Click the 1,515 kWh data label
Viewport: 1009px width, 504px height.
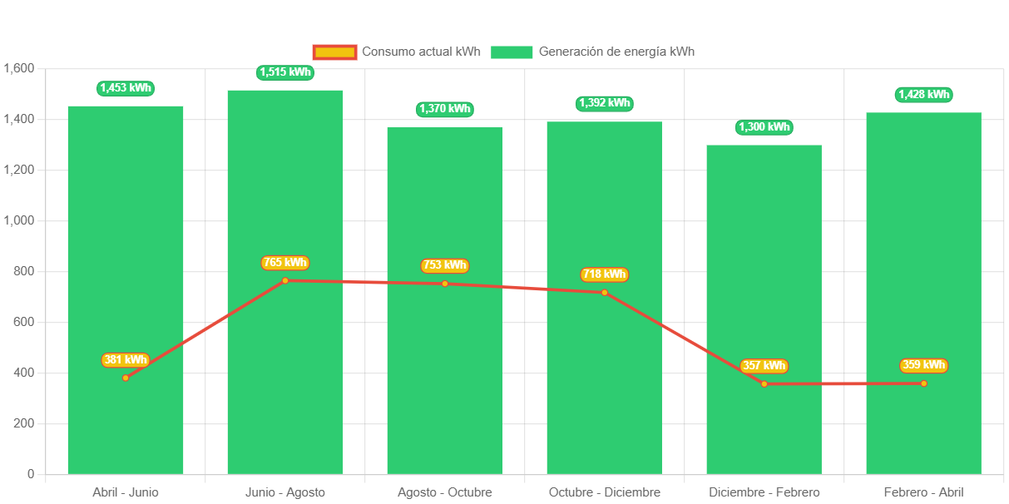click(284, 72)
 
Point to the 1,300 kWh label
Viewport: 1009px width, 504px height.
click(764, 127)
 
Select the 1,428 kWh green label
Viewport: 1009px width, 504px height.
click(923, 95)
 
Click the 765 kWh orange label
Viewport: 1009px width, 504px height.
click(284, 263)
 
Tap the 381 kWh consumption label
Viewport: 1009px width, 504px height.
click(125, 360)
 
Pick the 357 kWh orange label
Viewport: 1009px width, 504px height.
click(764, 366)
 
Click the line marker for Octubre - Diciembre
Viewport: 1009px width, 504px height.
click(605, 292)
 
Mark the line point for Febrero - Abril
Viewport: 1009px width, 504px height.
click(923, 383)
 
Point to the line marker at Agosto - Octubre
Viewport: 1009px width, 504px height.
click(444, 284)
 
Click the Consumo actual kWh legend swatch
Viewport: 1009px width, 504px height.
click(334, 52)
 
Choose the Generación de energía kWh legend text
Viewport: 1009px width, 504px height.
click(616, 52)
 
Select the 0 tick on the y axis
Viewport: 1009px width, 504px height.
click(31, 474)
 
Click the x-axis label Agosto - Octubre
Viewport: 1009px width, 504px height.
click(444, 492)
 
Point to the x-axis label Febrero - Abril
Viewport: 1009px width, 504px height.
click(923, 492)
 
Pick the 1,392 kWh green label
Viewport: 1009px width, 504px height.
click(605, 103)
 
